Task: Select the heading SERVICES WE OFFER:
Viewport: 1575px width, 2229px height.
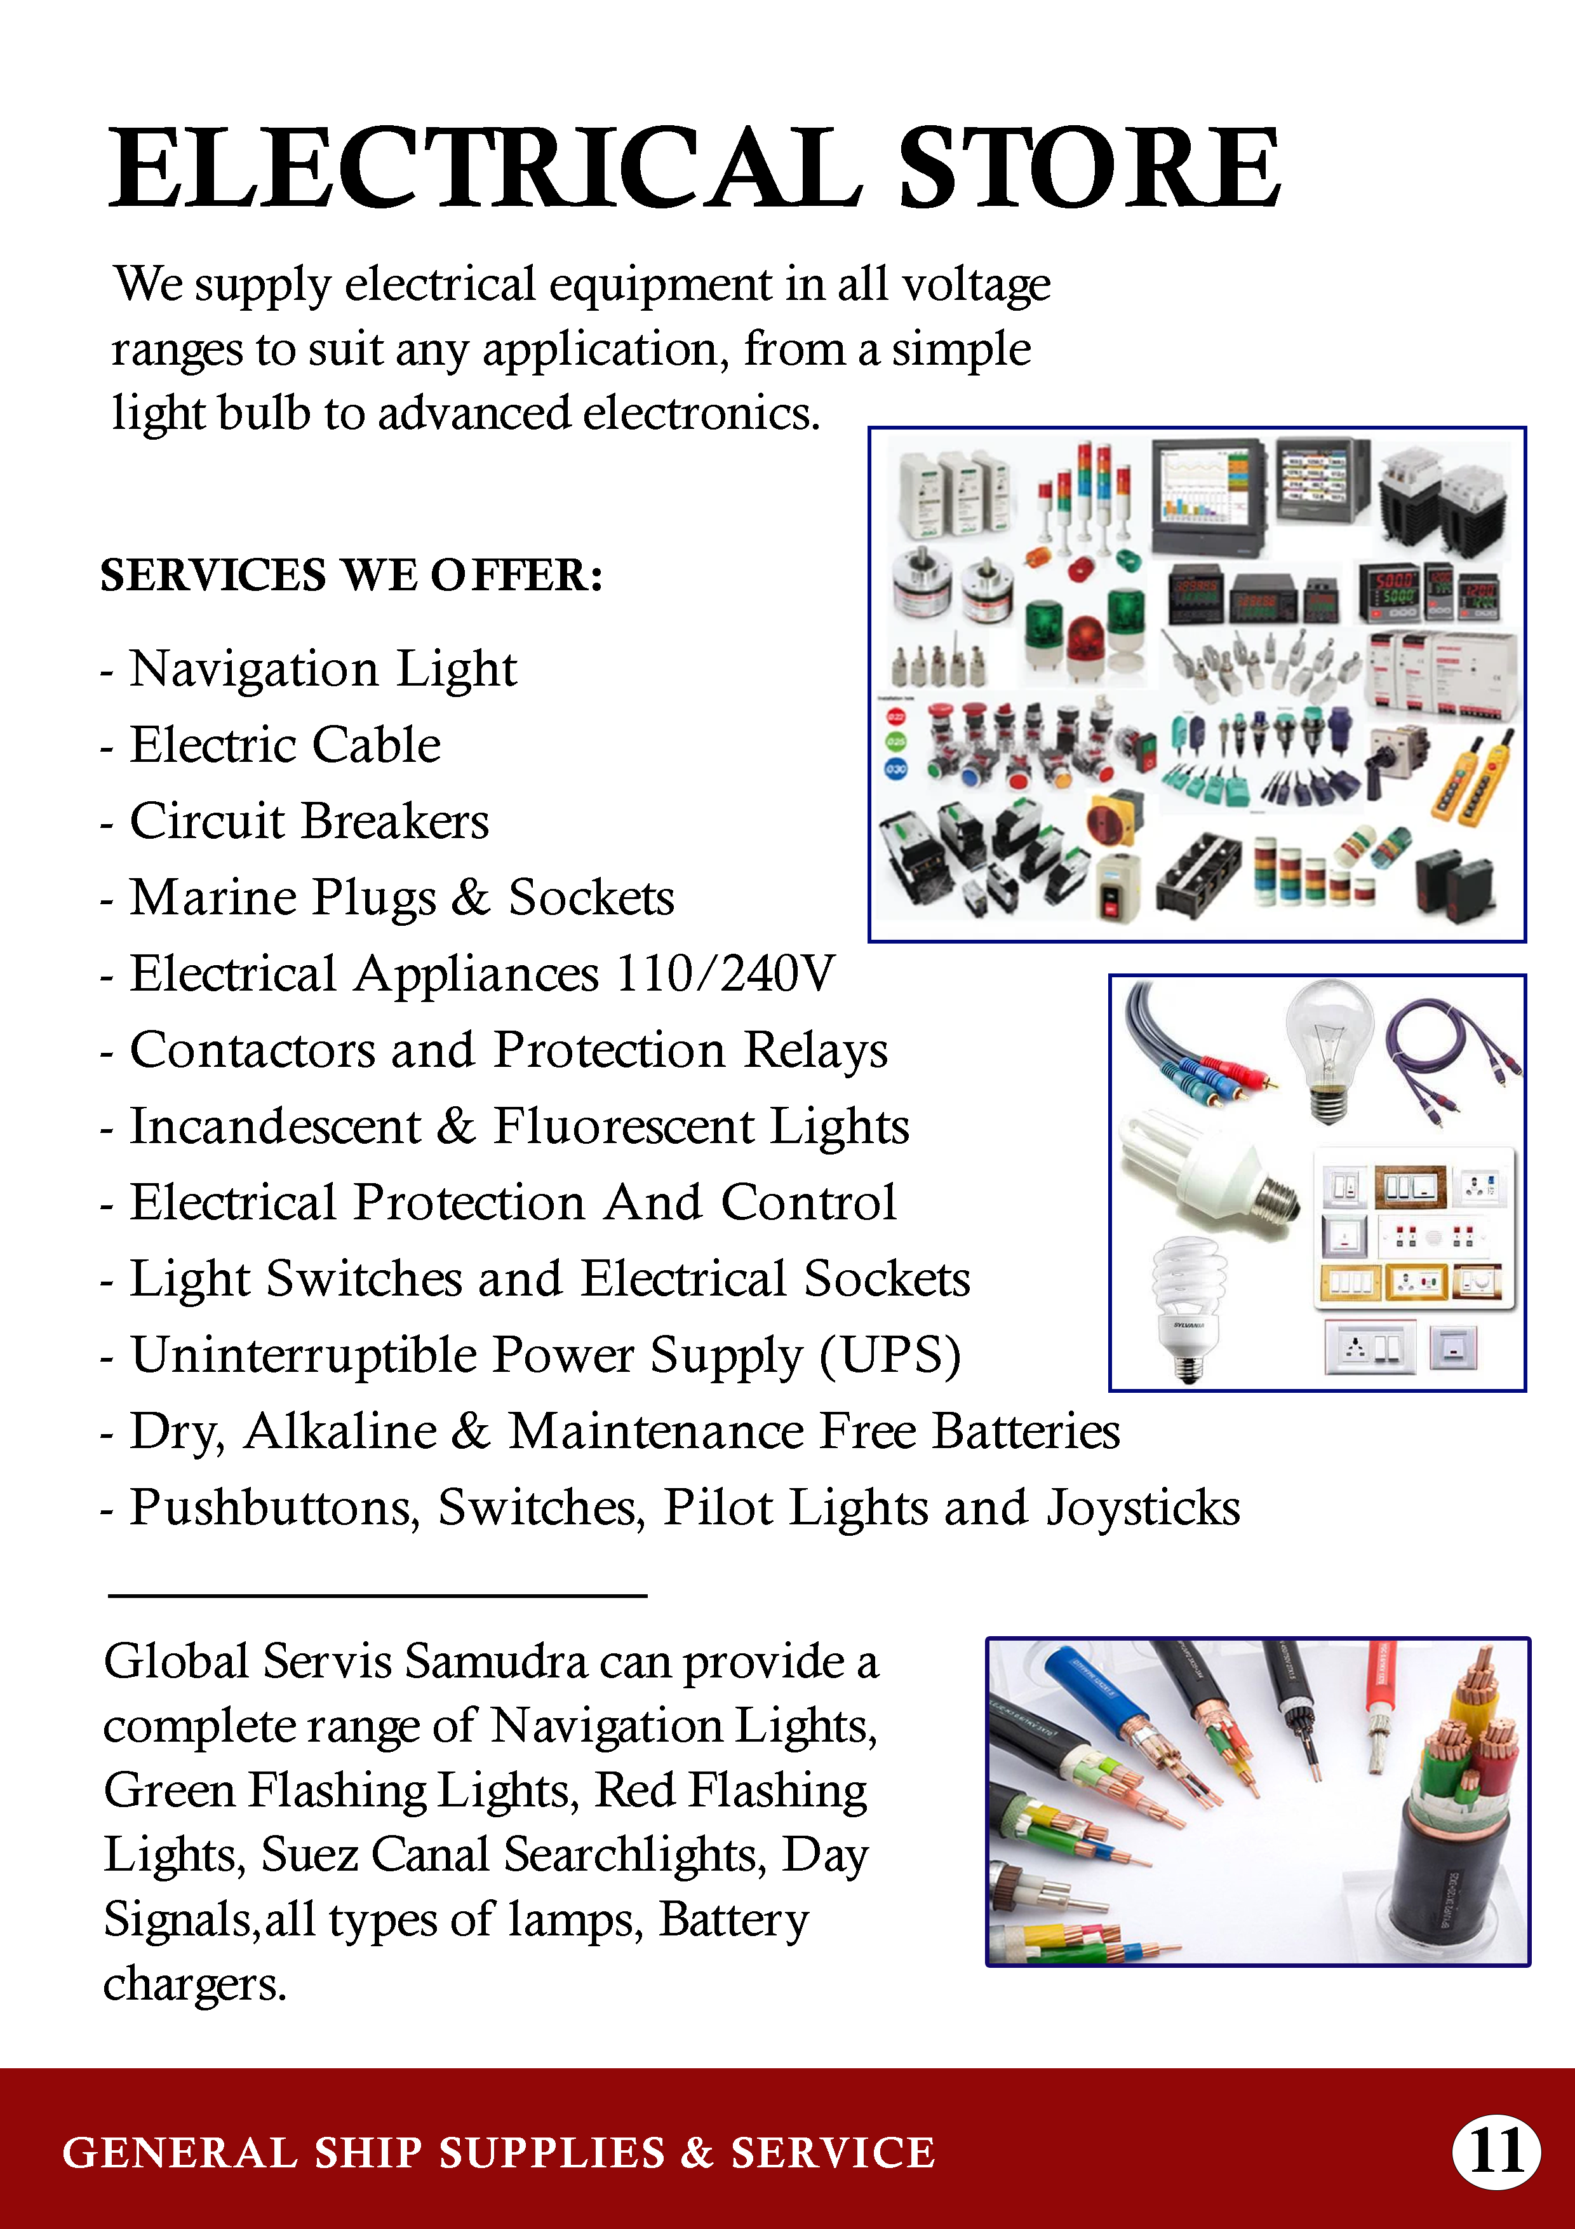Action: [351, 575]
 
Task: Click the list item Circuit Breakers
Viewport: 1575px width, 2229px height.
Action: [309, 822]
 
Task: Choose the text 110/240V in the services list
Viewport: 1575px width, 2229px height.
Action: [724, 973]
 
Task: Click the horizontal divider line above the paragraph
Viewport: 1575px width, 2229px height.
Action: [377, 1594]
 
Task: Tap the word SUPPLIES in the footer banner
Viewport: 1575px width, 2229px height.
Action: [552, 2152]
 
